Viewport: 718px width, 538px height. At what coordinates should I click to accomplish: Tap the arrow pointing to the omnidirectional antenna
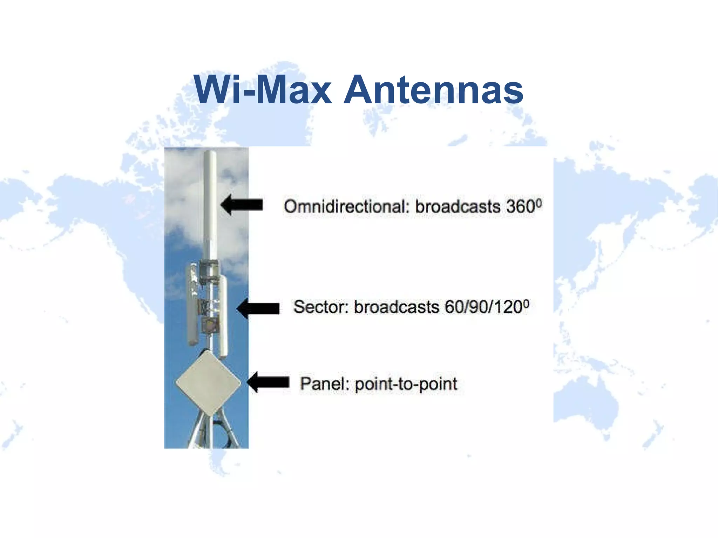[242, 205]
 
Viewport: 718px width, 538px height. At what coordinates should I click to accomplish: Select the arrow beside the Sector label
[258, 308]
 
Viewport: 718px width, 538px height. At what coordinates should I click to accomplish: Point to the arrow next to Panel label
[268, 382]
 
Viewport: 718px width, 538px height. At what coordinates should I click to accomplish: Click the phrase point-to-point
[406, 384]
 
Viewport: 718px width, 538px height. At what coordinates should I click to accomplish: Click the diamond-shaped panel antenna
[208, 383]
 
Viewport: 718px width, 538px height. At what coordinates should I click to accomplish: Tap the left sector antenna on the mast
[192, 305]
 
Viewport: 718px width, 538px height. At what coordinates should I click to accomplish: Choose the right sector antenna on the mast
[223, 315]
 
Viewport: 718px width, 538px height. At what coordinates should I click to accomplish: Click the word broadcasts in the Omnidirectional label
[458, 206]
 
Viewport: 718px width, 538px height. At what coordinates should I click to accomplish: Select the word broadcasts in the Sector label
[396, 307]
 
